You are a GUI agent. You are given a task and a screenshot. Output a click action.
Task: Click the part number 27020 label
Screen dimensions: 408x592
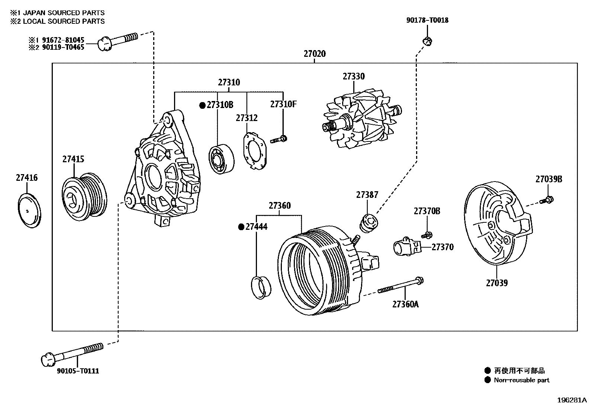pyautogui.click(x=315, y=54)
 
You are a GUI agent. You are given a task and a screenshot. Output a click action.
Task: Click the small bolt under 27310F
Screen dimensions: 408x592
pyautogui.click(x=279, y=140)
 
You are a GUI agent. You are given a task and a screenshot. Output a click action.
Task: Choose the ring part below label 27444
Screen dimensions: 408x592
pyautogui.click(x=261, y=287)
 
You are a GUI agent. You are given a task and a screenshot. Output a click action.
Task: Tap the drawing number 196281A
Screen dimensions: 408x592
pyautogui.click(x=571, y=400)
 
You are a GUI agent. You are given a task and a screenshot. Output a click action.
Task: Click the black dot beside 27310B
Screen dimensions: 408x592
pyautogui.click(x=202, y=105)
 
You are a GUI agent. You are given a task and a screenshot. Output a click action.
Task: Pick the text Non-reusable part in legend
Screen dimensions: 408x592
pyautogui.click(x=521, y=380)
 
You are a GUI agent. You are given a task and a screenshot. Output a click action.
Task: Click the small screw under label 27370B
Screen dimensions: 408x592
pyautogui.click(x=427, y=235)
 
